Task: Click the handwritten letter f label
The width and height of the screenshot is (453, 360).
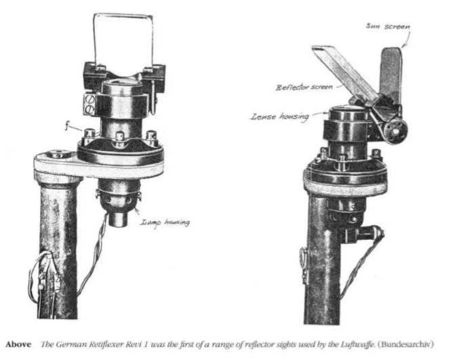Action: [66, 126]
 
